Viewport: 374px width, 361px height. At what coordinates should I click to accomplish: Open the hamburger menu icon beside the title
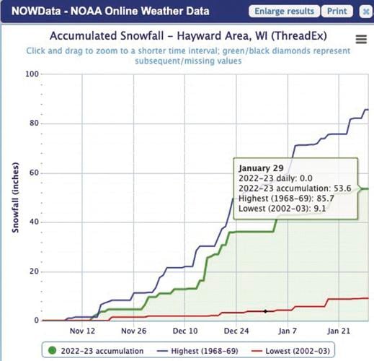(x=360, y=40)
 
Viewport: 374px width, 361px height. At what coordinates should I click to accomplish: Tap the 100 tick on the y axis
(x=31, y=74)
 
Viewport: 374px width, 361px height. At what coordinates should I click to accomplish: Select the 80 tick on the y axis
(x=33, y=123)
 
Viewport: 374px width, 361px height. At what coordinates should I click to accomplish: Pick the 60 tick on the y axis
(x=33, y=173)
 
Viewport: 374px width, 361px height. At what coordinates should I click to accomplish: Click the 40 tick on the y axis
(x=33, y=222)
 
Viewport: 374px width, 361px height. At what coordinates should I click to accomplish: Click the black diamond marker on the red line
(x=265, y=311)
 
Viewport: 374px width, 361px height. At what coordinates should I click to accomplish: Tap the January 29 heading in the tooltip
(x=260, y=165)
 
